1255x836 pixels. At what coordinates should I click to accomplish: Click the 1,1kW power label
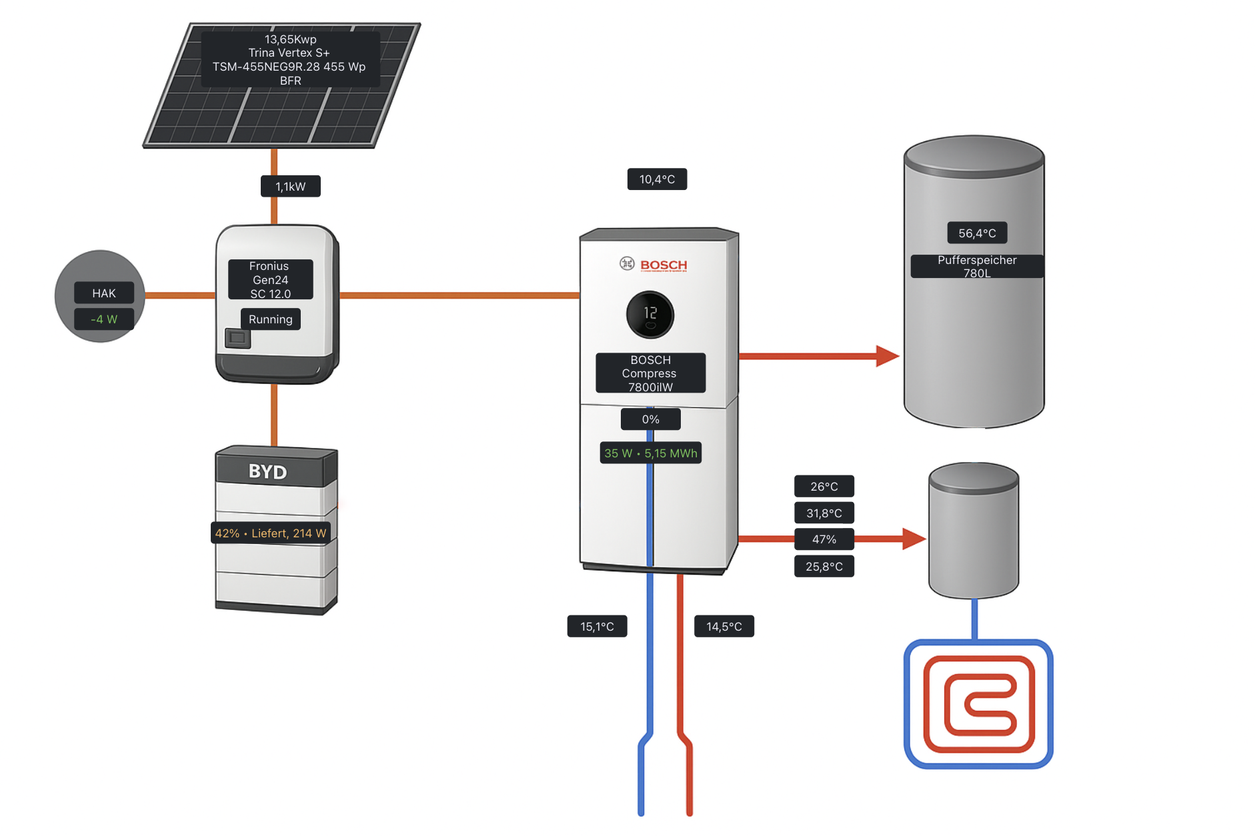click(x=290, y=187)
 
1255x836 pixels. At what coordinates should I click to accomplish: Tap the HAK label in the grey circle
click(x=104, y=293)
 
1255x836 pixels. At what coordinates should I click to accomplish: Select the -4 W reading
click(x=104, y=319)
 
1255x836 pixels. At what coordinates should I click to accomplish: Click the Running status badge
click(x=270, y=319)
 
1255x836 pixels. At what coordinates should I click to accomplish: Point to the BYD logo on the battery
click(x=267, y=472)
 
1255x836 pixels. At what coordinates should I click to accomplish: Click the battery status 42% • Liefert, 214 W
click(x=270, y=533)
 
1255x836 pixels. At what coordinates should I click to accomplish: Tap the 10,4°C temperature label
click(x=657, y=179)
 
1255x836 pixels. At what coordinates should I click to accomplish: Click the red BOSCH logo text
click(x=664, y=265)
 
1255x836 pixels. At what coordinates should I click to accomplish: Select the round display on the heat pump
click(x=650, y=314)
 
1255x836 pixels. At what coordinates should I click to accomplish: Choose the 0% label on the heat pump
click(x=650, y=419)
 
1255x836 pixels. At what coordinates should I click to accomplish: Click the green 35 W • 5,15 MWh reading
click(x=650, y=453)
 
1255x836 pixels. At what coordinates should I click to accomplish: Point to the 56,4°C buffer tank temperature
click(x=977, y=233)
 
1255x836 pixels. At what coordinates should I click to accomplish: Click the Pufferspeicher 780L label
click(x=977, y=266)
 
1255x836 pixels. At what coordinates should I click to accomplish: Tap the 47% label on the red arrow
click(x=824, y=539)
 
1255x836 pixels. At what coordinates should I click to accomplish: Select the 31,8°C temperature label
click(x=824, y=513)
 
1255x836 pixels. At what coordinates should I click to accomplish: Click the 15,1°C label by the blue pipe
click(x=597, y=627)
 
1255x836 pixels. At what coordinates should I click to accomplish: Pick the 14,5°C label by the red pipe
click(x=724, y=627)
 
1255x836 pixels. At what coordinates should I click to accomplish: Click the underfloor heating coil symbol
click(x=978, y=704)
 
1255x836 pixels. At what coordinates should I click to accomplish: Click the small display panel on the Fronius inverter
click(x=237, y=338)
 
